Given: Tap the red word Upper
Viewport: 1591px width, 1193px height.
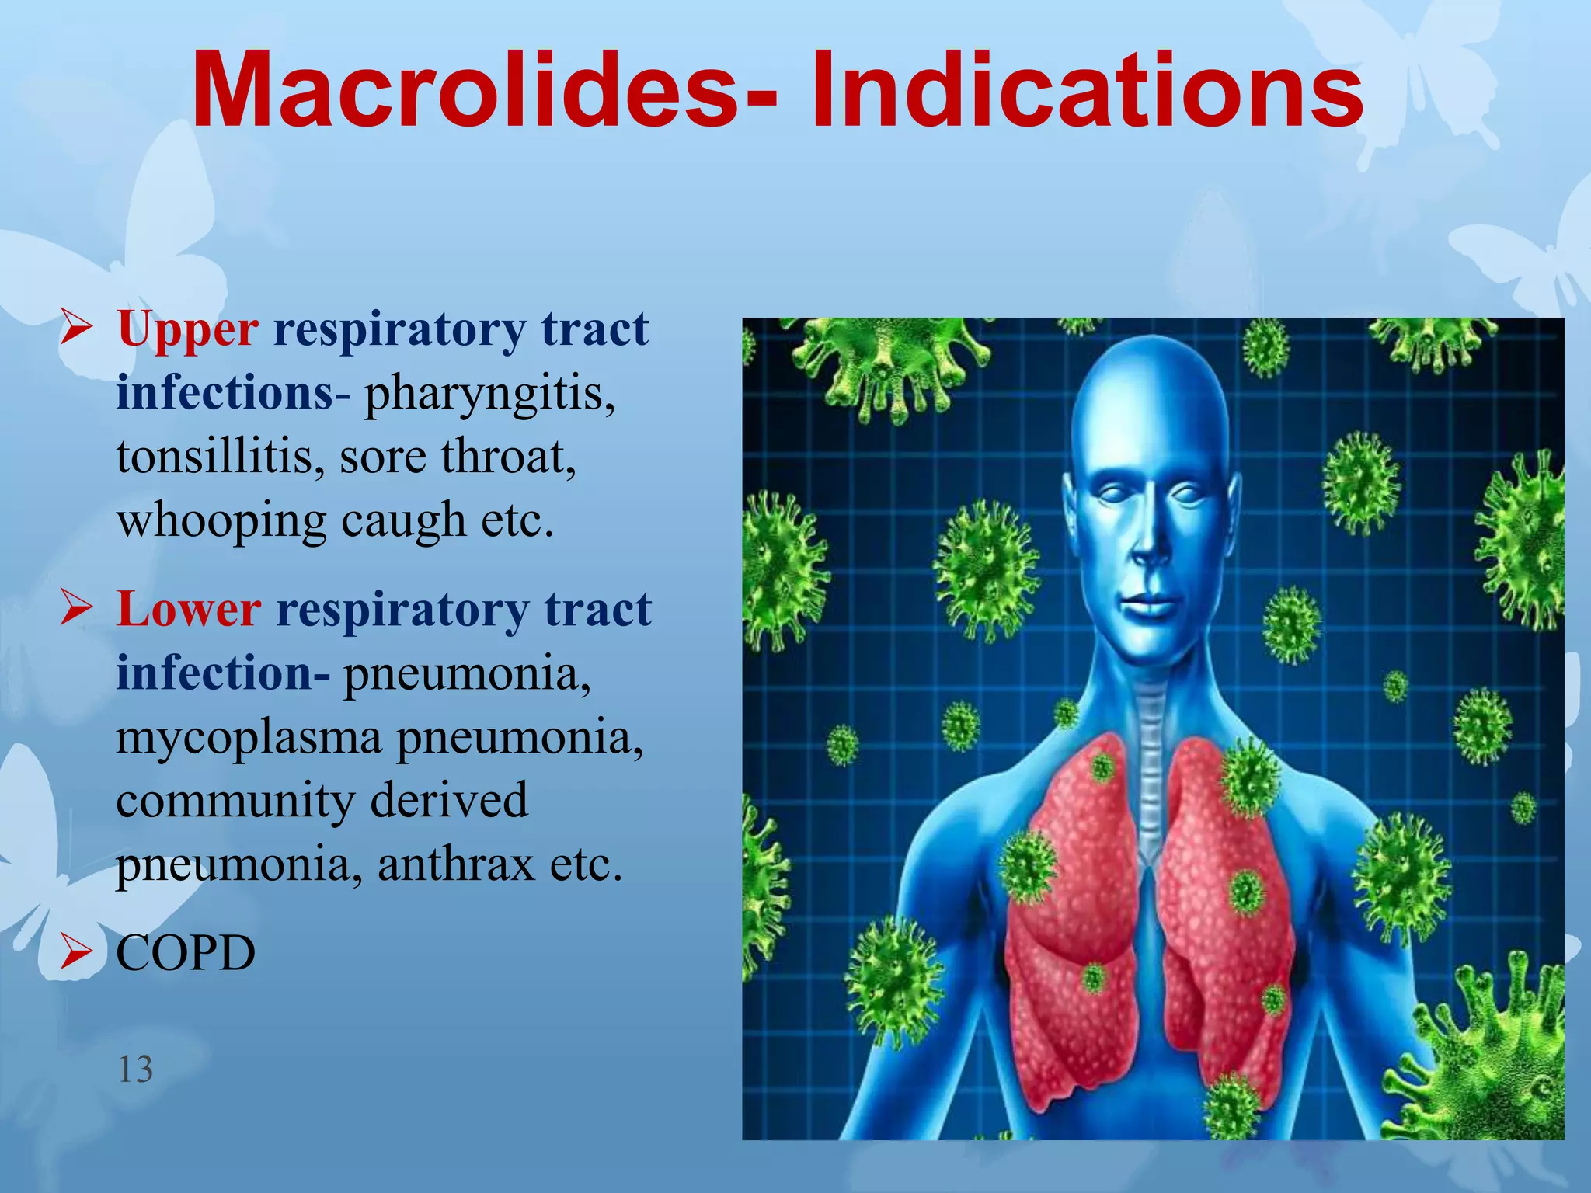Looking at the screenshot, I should (x=187, y=329).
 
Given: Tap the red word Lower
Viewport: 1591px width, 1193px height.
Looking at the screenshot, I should (x=189, y=610).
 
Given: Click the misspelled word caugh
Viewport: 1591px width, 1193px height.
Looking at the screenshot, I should (x=403, y=520).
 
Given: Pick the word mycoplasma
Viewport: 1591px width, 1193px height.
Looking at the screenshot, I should (x=249, y=737).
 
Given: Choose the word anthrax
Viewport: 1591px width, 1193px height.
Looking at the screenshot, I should (x=456, y=864).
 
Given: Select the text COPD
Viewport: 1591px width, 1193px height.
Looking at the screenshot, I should (x=186, y=953).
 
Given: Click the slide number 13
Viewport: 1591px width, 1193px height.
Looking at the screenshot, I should (x=135, y=1070).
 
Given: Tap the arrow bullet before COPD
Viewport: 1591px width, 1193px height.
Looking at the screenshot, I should (x=77, y=952).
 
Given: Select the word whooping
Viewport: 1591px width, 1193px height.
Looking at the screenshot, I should (x=221, y=520).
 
